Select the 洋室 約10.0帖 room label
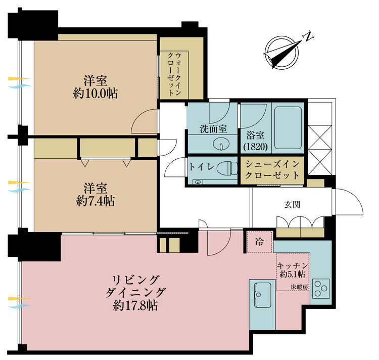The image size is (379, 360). click(94, 86)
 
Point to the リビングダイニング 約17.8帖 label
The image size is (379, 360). click(135, 293)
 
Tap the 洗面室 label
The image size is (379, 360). click(212, 129)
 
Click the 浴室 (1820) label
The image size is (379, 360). click(255, 142)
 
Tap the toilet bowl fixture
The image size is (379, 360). click(229, 167)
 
